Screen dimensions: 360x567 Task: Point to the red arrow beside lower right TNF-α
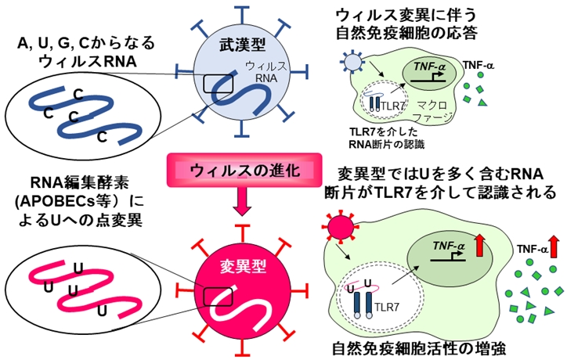[554, 248]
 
